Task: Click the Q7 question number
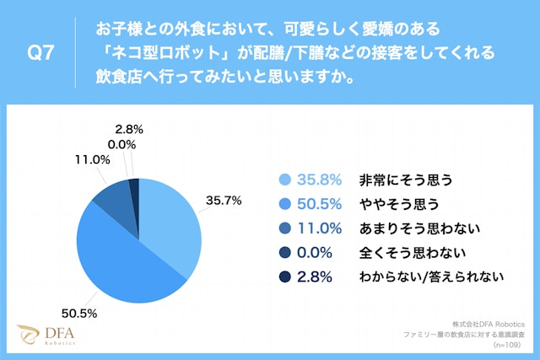point(40,53)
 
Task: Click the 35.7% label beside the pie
point(224,201)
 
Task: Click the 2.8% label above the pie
point(127,129)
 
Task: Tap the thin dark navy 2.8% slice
point(134,191)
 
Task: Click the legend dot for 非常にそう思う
point(284,180)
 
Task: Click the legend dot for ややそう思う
point(284,203)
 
